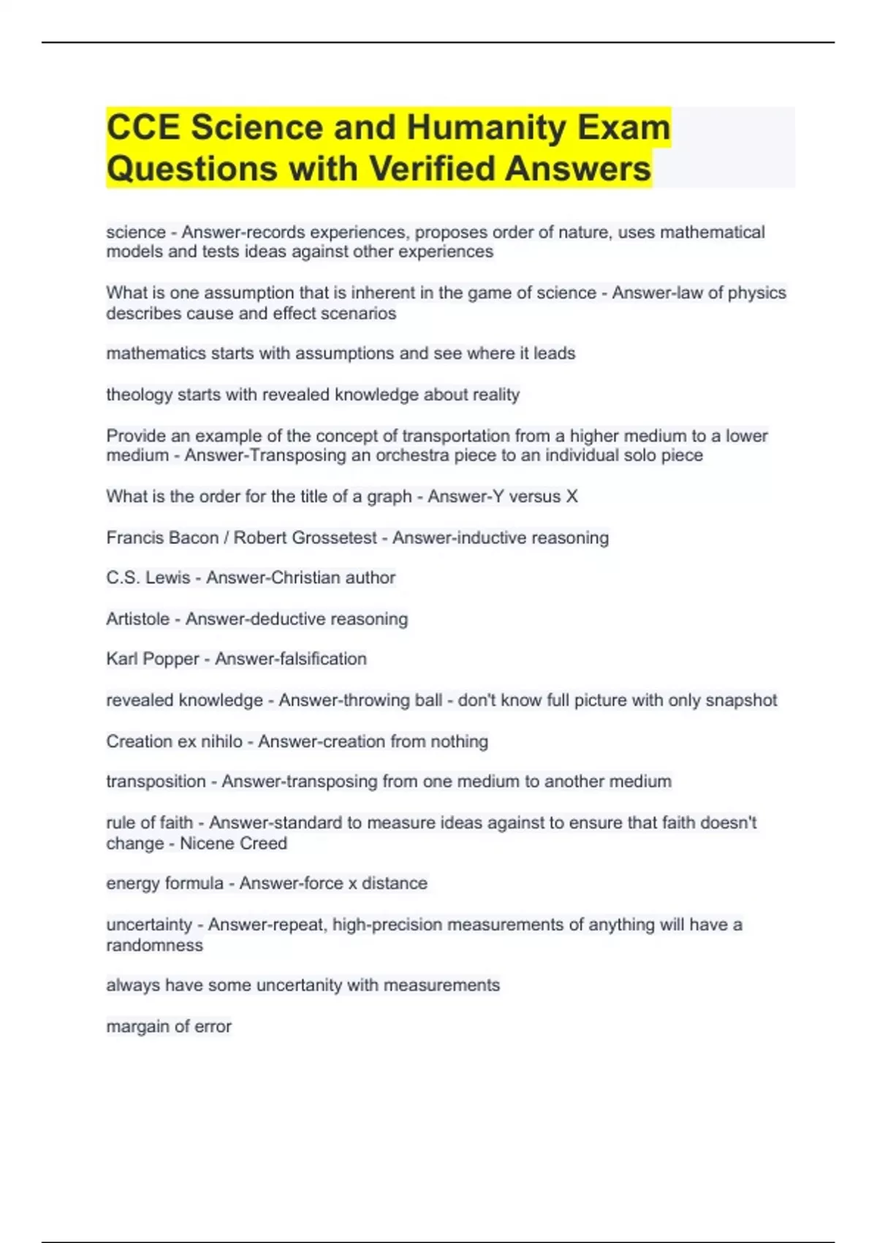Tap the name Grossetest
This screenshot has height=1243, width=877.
pos(335,537)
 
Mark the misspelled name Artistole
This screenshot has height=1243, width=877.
pos(137,619)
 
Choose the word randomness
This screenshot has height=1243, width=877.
pos(154,945)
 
